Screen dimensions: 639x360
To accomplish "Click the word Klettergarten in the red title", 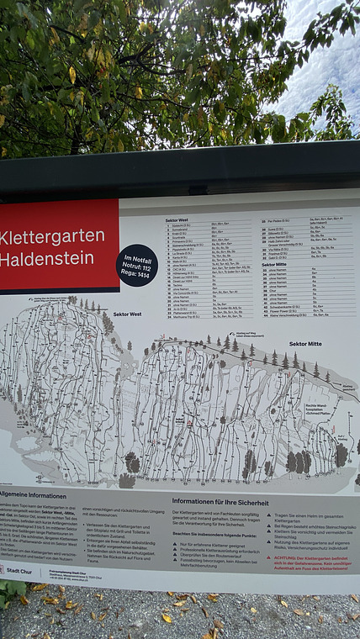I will (52, 236).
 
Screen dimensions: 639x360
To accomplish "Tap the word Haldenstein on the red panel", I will (48, 259).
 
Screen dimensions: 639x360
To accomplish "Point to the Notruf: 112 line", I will (136, 265).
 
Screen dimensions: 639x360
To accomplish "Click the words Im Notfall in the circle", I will (136, 257).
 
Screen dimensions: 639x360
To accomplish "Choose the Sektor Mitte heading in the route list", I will (274, 264).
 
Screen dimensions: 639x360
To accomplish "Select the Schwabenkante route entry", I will (283, 305).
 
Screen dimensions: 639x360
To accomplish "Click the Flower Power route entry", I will (280, 309).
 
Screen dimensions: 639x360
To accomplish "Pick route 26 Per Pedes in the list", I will (277, 219).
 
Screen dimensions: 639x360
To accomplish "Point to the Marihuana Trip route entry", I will (187, 316).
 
